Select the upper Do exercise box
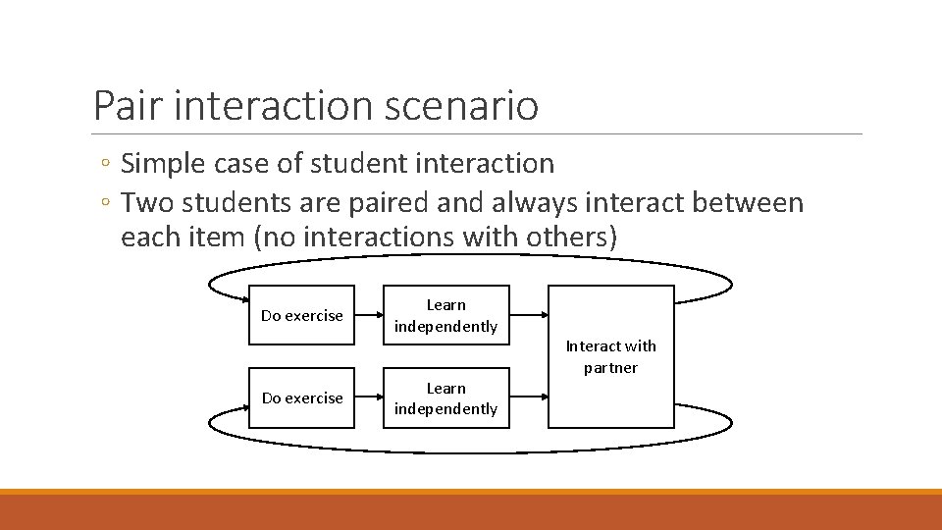301,315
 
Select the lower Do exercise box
301,397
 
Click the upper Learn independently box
445,315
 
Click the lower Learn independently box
445,397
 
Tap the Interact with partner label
610,356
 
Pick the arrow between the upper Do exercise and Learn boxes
368,315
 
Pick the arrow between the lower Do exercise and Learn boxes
368,397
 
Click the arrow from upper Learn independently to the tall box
529,315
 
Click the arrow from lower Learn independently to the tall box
529,397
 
